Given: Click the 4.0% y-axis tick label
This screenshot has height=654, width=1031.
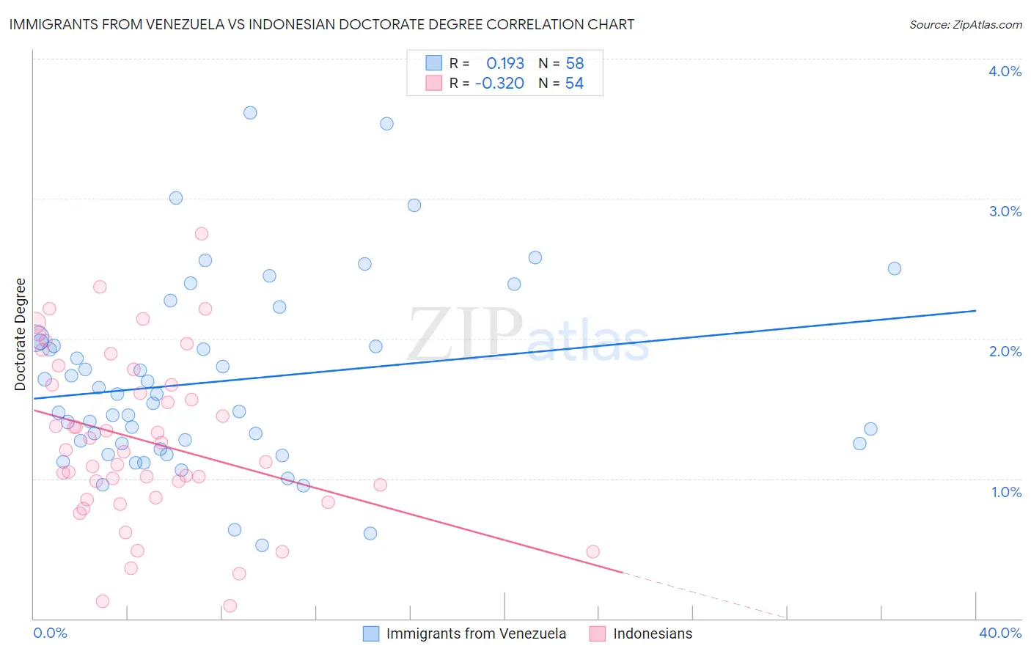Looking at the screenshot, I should tap(1005, 71).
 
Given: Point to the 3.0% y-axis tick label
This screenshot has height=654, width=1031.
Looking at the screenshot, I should tap(1005, 211).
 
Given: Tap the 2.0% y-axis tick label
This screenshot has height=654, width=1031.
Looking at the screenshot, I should tap(1005, 351).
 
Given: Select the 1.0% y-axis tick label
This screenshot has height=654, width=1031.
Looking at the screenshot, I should tap(1006, 492).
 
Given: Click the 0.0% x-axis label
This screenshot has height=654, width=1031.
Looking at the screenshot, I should tap(51, 633).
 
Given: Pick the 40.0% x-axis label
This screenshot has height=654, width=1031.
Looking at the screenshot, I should tap(1000, 633).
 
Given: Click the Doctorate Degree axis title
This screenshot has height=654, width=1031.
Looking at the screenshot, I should tap(21, 334).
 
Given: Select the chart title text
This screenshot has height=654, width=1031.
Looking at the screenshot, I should tap(322, 24).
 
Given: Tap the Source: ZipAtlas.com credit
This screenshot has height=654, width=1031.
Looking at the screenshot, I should tap(965, 24).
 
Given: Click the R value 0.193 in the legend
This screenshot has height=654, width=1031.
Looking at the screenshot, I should tap(505, 64).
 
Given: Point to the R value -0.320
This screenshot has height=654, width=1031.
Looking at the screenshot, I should tap(499, 84).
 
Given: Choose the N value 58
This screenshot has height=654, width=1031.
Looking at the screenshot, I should tap(574, 64).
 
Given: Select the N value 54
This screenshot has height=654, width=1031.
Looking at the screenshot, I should tap(574, 84).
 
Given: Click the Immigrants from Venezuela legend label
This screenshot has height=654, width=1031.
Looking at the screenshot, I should tap(476, 633).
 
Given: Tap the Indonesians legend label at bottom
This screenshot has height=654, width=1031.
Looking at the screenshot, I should tap(653, 633).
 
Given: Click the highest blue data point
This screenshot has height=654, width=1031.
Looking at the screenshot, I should tap(250, 113).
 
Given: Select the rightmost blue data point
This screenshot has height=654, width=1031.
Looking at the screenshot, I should tap(895, 268).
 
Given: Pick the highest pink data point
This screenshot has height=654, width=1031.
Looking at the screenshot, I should tap(202, 234).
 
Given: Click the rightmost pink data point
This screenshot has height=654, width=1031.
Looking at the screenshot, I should tap(593, 551).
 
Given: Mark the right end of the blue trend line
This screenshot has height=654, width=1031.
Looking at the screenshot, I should tap(976, 311).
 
